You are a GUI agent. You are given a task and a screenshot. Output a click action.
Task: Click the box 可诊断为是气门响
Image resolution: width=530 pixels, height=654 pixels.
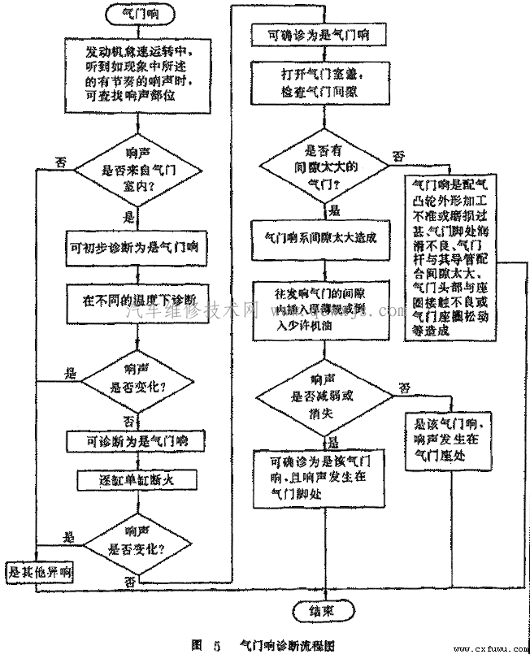[x=135, y=441]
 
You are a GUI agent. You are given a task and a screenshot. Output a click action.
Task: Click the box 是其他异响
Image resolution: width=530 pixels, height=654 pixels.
[x=39, y=571]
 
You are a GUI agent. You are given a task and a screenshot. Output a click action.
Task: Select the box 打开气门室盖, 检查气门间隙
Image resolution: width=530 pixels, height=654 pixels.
[x=324, y=84]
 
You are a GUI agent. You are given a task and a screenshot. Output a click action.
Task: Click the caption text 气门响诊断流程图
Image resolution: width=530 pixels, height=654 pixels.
[x=289, y=644]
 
